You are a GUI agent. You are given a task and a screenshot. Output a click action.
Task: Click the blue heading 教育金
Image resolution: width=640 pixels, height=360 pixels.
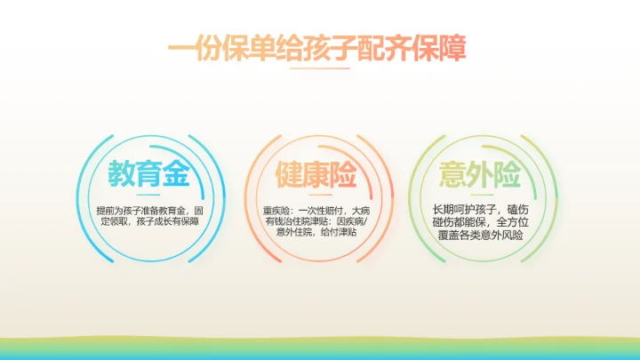point(148,174)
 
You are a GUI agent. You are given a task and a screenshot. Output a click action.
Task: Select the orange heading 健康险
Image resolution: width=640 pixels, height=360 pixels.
point(316,174)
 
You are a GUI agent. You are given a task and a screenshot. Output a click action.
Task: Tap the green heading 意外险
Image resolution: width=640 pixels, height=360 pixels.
point(484,174)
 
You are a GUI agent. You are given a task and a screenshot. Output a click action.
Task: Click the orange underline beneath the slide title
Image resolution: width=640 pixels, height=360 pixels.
point(320,68)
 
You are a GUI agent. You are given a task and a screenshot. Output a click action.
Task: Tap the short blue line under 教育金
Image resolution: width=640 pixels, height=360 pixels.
point(148,196)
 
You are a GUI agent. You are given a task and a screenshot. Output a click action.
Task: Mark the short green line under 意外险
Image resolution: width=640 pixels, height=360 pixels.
point(484,196)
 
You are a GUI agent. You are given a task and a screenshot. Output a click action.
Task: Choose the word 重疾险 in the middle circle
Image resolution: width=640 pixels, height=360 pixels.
point(277,211)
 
